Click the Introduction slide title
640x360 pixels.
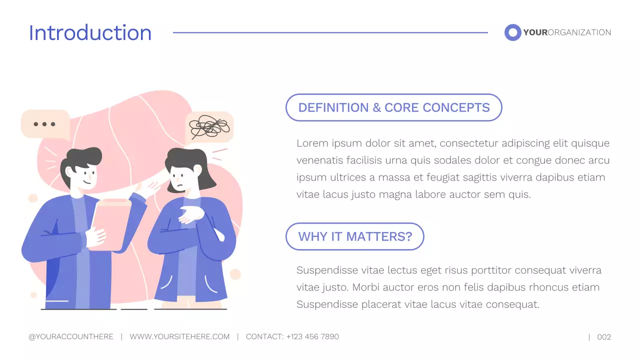tap(90, 33)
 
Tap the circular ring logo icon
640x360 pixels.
tap(512, 32)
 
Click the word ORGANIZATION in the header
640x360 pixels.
tap(579, 32)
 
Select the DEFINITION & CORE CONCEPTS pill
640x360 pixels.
tap(393, 107)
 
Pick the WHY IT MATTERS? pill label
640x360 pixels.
tap(355, 236)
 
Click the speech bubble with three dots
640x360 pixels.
tap(45, 124)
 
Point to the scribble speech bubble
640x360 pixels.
tap(209, 127)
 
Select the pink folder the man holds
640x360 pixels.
tap(112, 222)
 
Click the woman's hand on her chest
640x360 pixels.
tap(191, 214)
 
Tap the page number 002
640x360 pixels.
tap(604, 337)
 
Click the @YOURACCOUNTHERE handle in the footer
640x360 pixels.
tap(71, 337)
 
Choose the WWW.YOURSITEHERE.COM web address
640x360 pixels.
tap(179, 337)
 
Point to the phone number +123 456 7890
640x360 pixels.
tap(312, 337)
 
